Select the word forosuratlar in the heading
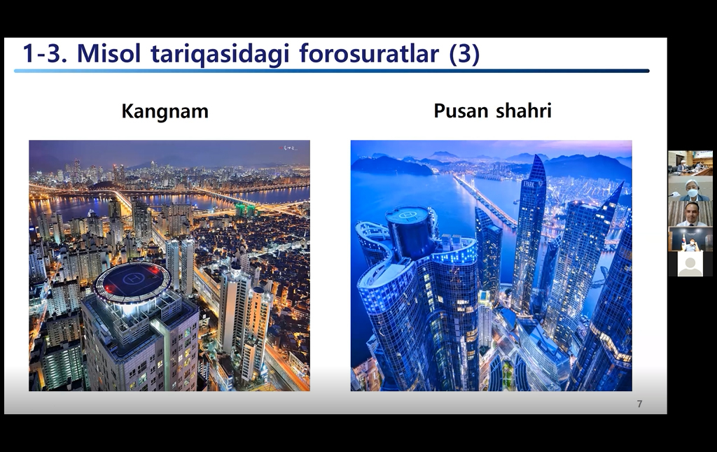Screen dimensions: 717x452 [x=369, y=53]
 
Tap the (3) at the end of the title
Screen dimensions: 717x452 [x=464, y=54]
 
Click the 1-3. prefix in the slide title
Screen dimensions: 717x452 [x=46, y=53]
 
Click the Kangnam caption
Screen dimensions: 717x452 [x=165, y=111]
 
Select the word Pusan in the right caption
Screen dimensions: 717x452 [x=459, y=111]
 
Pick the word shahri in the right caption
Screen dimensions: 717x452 [x=524, y=110]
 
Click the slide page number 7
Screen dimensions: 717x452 [x=640, y=404]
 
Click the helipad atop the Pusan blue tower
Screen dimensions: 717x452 [x=408, y=215]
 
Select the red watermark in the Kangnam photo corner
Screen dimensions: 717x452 [x=288, y=148]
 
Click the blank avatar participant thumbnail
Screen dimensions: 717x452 [x=690, y=264]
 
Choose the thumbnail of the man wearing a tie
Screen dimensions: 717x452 [x=690, y=214]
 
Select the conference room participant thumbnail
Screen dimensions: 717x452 [x=690, y=163]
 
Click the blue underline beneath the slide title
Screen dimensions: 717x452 [x=331, y=71]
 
